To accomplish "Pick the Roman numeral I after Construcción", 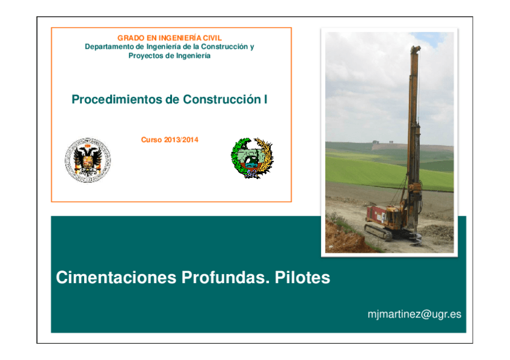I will [x=265, y=100].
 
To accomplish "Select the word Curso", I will [x=152, y=140].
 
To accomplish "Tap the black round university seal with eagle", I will [x=88, y=159].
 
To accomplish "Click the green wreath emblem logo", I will [x=252, y=158].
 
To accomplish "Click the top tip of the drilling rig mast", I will [x=414, y=48].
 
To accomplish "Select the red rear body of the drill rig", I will [x=378, y=213].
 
